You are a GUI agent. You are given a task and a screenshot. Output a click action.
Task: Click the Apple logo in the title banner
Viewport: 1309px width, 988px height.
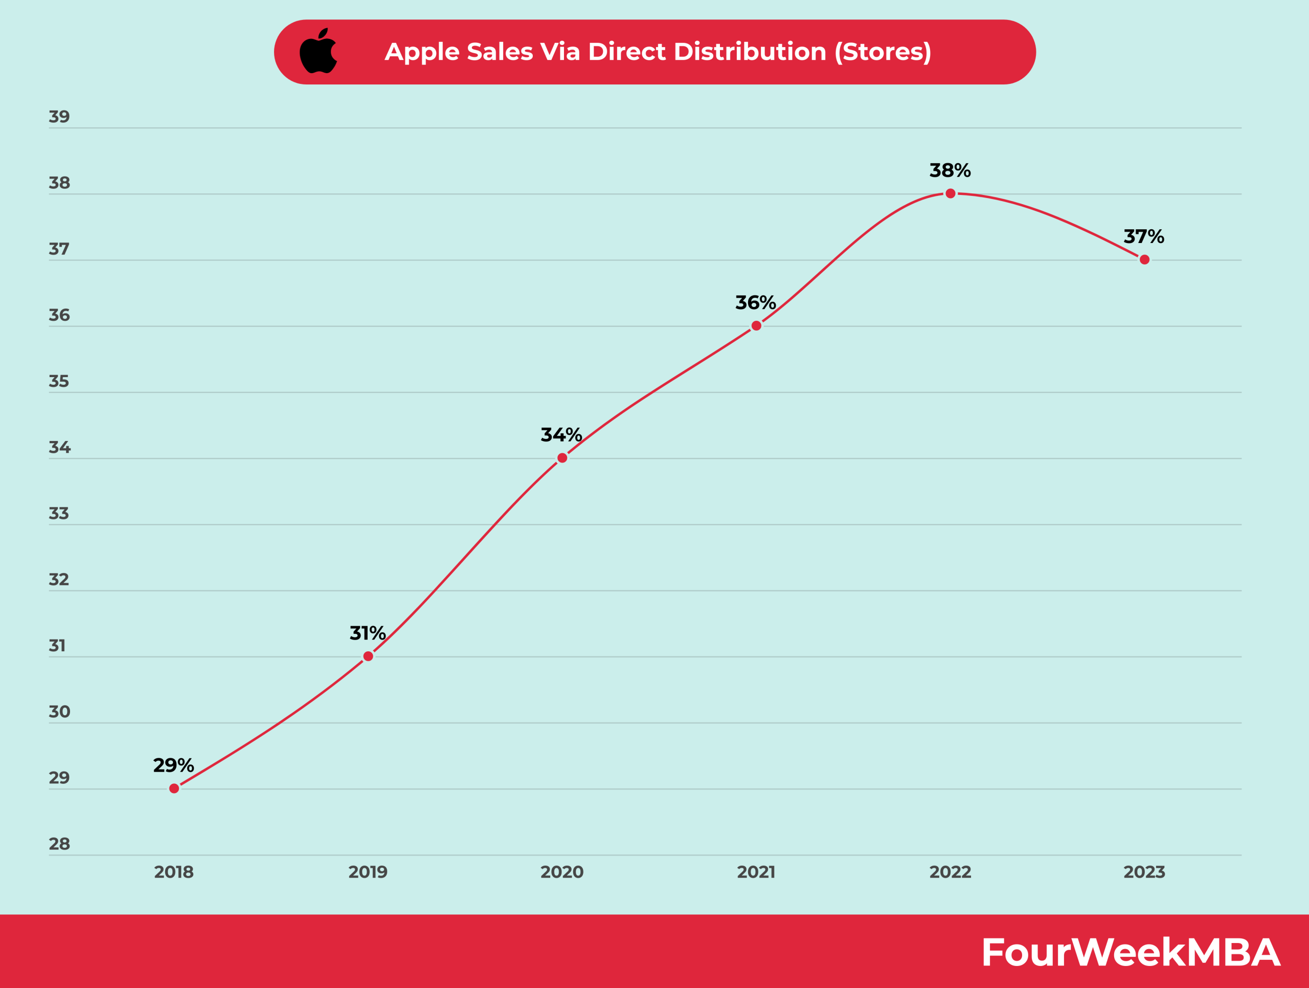click(x=319, y=52)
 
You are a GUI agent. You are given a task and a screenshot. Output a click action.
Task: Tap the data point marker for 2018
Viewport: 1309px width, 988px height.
click(x=174, y=788)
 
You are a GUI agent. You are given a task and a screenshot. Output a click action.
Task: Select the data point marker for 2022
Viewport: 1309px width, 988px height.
click(x=951, y=193)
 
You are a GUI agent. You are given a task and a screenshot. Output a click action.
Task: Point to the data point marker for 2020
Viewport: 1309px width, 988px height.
click(x=562, y=457)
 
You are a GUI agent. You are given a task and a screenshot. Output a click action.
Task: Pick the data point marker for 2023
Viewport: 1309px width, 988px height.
click(x=1144, y=259)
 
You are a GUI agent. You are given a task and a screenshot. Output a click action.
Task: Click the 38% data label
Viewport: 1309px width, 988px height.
click(x=950, y=170)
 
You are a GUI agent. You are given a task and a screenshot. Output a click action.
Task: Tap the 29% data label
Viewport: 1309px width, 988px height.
click(x=173, y=765)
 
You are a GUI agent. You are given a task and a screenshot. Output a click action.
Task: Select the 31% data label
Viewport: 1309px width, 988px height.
click(x=368, y=633)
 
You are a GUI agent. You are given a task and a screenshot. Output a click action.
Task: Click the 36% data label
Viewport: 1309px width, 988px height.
click(x=756, y=302)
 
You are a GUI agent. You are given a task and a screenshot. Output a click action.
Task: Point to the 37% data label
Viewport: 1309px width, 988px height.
click(x=1144, y=237)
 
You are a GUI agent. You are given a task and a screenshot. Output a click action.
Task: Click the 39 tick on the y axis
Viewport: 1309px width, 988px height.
click(x=59, y=117)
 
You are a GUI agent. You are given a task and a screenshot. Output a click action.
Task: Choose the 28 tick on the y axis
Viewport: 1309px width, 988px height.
click(x=59, y=844)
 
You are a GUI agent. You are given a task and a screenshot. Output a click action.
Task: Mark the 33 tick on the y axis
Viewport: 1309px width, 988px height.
click(x=59, y=513)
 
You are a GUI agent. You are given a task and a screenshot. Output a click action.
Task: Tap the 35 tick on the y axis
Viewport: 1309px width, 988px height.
click(x=59, y=381)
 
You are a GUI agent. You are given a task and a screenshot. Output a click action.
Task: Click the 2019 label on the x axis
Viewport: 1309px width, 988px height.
click(x=368, y=872)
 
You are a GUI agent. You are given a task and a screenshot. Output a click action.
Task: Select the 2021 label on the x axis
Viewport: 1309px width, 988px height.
click(x=756, y=872)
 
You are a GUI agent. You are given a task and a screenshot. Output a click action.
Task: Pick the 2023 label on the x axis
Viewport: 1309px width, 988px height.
click(x=1144, y=872)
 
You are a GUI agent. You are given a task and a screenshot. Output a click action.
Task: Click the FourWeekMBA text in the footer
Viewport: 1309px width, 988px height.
click(x=1130, y=953)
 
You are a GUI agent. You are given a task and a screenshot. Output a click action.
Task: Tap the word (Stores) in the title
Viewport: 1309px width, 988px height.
click(x=883, y=52)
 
